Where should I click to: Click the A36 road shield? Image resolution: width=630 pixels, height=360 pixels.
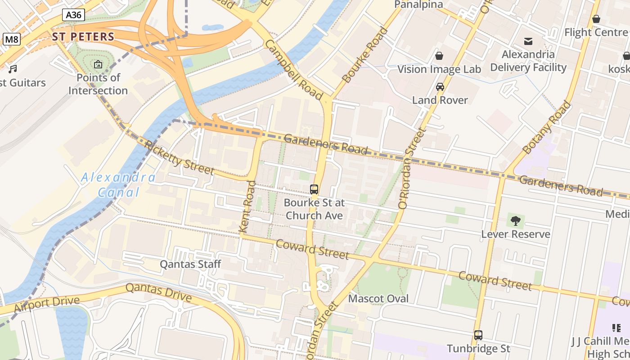pyautogui.click(x=73, y=15)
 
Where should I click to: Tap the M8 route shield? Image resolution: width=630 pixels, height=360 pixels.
pyautogui.click(x=12, y=39)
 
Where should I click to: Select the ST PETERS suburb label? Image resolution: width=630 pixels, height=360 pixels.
pyautogui.click(x=83, y=36)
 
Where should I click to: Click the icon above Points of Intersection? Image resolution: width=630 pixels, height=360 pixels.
pyautogui.click(x=98, y=65)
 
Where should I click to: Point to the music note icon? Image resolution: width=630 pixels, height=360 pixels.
pyautogui.click(x=13, y=69)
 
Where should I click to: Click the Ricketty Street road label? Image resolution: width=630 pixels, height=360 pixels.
pyautogui.click(x=179, y=157)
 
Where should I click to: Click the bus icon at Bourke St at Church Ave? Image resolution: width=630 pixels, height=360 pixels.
pyautogui.click(x=314, y=189)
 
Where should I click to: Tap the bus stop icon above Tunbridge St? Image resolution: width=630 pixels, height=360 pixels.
pyautogui.click(x=478, y=335)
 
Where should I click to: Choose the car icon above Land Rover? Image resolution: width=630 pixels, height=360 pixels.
pyautogui.click(x=440, y=87)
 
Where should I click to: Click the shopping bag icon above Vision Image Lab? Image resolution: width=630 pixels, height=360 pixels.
pyautogui.click(x=439, y=56)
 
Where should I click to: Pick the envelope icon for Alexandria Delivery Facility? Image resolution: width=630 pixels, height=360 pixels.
pyautogui.click(x=528, y=41)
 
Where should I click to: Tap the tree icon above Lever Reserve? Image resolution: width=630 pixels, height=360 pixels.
pyautogui.click(x=516, y=221)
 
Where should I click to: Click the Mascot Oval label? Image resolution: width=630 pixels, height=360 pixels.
pyautogui.click(x=378, y=298)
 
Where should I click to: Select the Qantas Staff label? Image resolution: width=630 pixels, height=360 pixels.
pyautogui.click(x=190, y=264)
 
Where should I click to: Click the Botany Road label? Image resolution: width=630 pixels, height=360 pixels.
pyautogui.click(x=546, y=127)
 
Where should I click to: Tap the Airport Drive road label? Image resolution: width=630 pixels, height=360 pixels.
pyautogui.click(x=47, y=304)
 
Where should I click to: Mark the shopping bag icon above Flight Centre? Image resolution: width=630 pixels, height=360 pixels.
pyautogui.click(x=596, y=19)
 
